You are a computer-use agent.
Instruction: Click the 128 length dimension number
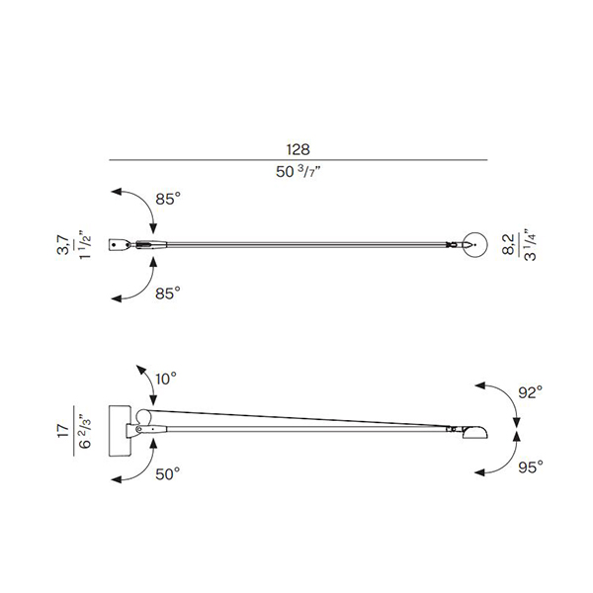[x=298, y=150]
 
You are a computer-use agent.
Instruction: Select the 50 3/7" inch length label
[x=298, y=172]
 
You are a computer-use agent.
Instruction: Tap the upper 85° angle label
[x=168, y=199]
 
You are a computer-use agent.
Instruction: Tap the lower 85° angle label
[x=168, y=294]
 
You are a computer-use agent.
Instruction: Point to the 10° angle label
[x=166, y=379]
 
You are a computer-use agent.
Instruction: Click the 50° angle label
[x=168, y=473]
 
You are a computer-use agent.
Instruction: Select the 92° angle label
[x=531, y=392]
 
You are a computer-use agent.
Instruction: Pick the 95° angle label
[x=531, y=467]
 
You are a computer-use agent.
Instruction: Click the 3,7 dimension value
[x=63, y=245]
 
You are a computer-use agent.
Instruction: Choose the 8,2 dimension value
[x=509, y=244]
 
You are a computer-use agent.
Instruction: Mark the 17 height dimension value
[x=63, y=431]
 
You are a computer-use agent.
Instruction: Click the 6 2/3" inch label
[x=85, y=432]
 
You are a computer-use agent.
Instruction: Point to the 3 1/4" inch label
[x=531, y=245]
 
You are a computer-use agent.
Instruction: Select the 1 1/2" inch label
[x=85, y=245]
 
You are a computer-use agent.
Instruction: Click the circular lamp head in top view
[x=475, y=232]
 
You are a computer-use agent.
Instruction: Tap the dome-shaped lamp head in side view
[x=475, y=432]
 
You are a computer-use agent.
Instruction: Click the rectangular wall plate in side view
[x=120, y=431]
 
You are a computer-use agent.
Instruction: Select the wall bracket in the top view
[x=119, y=245]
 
